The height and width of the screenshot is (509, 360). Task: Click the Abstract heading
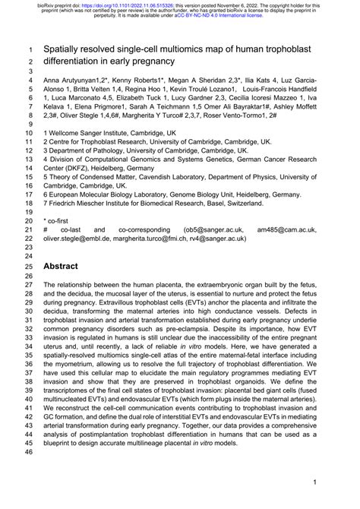pos(66,267)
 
